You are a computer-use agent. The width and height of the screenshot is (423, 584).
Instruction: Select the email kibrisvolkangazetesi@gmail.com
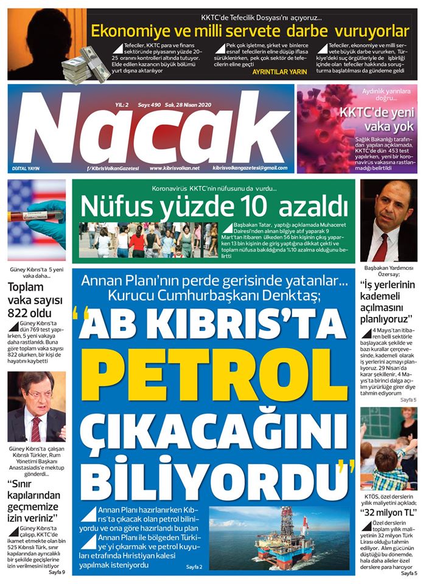[250, 168]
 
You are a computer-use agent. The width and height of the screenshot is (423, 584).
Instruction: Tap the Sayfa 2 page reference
[194, 567]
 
